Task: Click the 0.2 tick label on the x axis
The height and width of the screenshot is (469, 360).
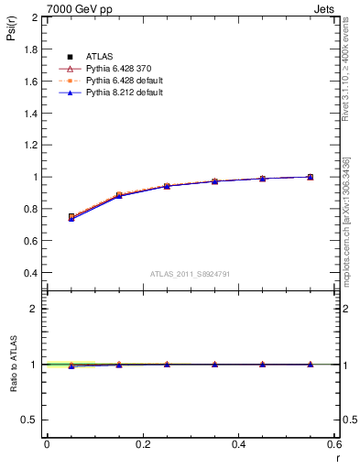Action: pyautogui.click(x=142, y=444)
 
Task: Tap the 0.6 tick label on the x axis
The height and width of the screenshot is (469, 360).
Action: pyautogui.click(x=334, y=444)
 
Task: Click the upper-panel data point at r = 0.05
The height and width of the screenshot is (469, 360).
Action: pyautogui.click(x=71, y=217)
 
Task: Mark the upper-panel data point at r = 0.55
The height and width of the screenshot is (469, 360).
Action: pyautogui.click(x=311, y=177)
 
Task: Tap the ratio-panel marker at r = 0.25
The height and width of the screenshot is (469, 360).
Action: pyautogui.click(x=167, y=364)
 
